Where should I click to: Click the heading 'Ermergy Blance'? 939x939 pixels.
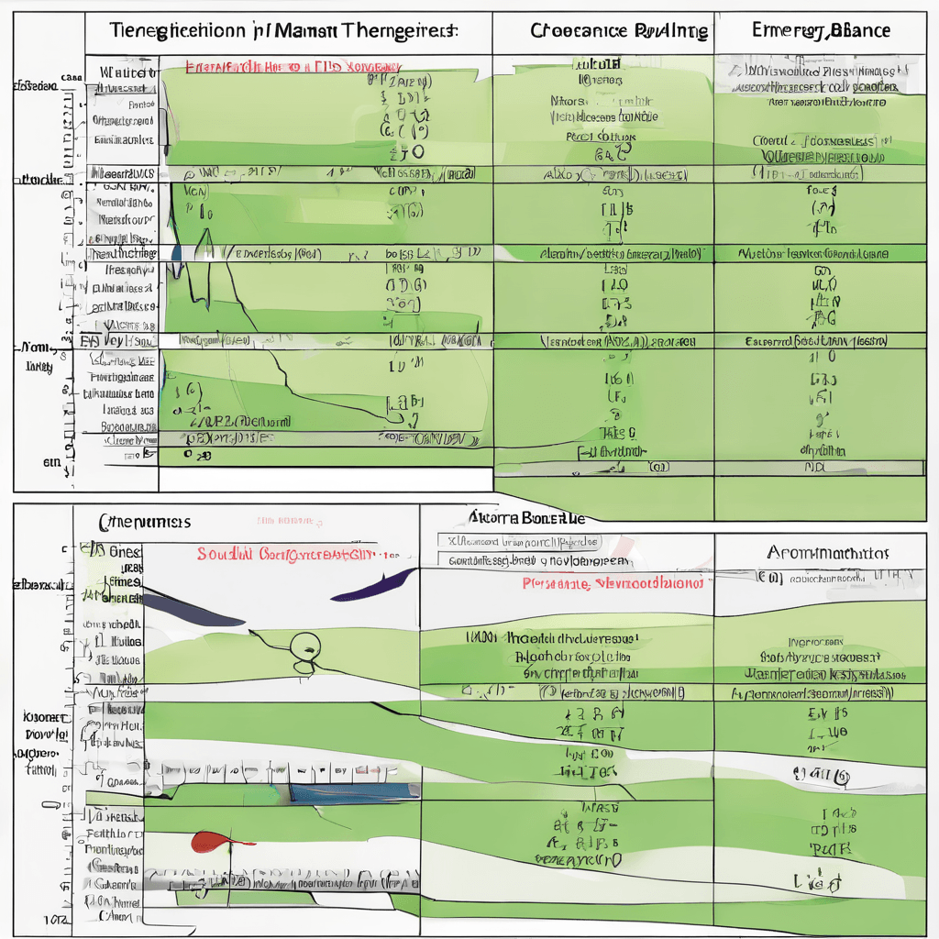821,30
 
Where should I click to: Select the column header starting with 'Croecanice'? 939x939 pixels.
619,30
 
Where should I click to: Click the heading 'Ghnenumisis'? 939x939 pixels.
144,521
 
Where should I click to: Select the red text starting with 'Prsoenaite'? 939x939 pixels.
613,583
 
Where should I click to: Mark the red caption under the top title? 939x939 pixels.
293,68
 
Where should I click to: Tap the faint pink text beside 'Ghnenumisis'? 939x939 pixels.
290,521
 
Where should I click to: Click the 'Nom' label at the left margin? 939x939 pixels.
35,348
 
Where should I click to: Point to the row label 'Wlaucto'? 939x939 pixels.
126,71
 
